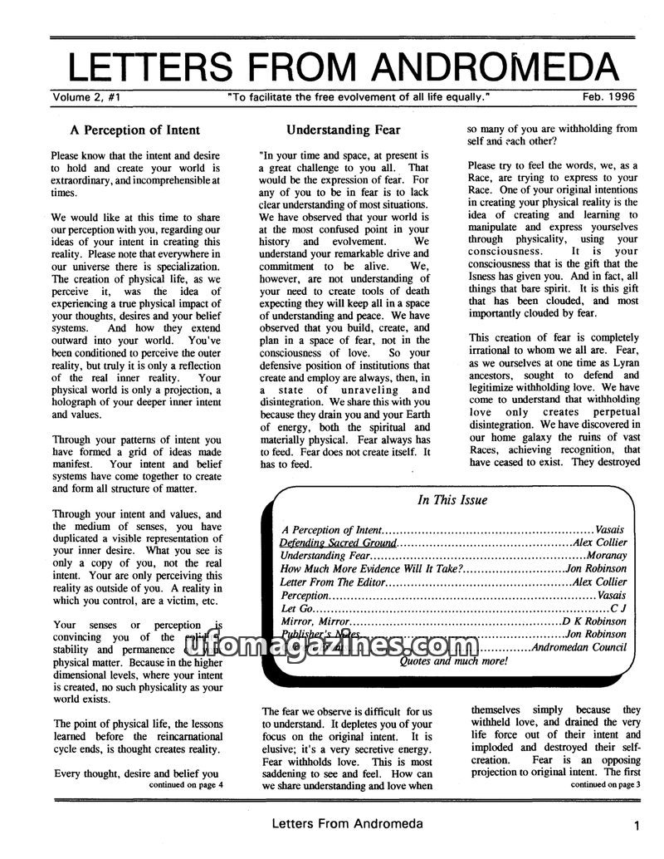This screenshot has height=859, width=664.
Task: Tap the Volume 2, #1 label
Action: [x=88, y=96]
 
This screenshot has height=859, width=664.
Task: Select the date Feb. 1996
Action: [x=608, y=96]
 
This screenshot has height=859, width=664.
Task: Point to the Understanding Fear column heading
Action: [x=343, y=130]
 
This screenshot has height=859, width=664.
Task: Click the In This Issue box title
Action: [x=452, y=500]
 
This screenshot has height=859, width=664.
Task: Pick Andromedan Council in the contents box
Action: [x=579, y=648]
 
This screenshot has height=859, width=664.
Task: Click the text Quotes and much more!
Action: [x=453, y=661]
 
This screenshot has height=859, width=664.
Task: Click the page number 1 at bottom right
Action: [x=634, y=826]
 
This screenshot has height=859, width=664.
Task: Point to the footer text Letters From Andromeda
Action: [x=346, y=824]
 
